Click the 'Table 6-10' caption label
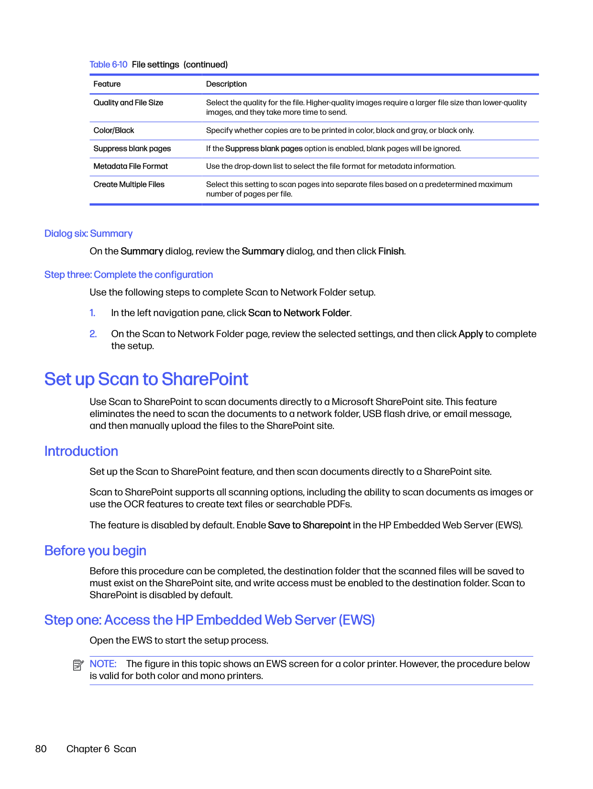(x=108, y=65)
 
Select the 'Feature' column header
(x=107, y=84)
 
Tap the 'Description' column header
(x=226, y=84)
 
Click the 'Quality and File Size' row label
(x=128, y=103)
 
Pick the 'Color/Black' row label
(x=114, y=131)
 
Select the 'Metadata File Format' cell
(x=131, y=166)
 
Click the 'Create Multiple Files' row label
(x=129, y=185)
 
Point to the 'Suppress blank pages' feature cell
(x=132, y=149)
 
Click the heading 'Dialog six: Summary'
(x=88, y=234)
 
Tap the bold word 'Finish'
(x=391, y=252)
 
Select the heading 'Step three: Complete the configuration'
(x=129, y=275)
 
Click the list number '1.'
(x=93, y=313)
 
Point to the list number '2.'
(x=93, y=334)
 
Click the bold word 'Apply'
(x=471, y=334)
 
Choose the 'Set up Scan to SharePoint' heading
(x=146, y=379)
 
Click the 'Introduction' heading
(x=81, y=451)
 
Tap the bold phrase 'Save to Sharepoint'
(x=309, y=526)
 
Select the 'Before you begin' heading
(x=95, y=551)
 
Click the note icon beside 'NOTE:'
(x=78, y=665)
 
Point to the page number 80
(x=41, y=749)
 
